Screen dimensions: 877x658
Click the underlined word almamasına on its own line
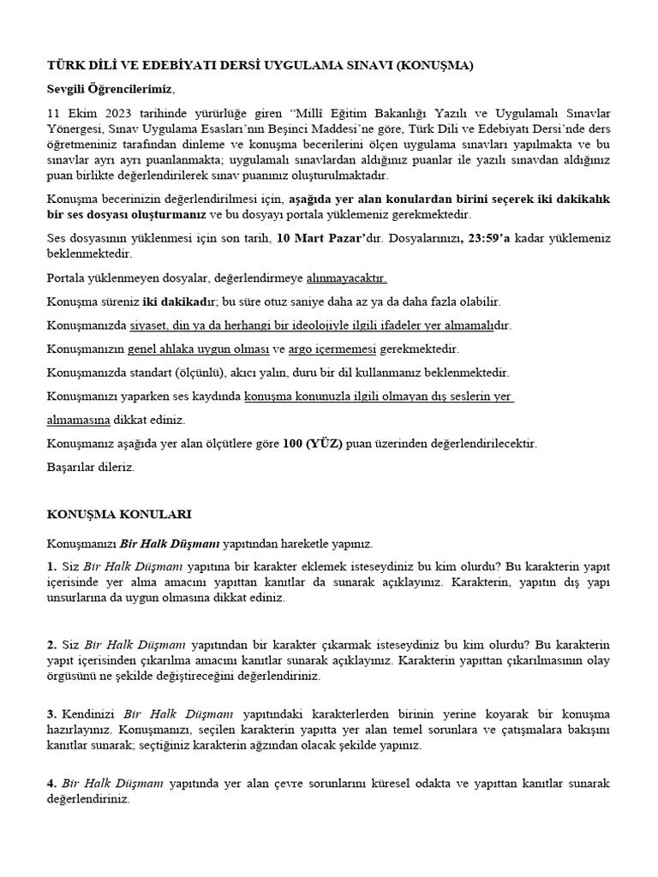78,421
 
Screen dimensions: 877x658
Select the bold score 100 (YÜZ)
313,444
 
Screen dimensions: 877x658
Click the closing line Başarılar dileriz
90,468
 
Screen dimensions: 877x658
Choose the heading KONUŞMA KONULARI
118,515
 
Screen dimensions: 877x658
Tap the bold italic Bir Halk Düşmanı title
170,543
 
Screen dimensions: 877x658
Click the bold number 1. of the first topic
51,567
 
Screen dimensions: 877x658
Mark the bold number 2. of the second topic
51,644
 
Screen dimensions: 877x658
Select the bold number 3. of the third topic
51,713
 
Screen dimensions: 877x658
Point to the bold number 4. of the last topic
51,784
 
